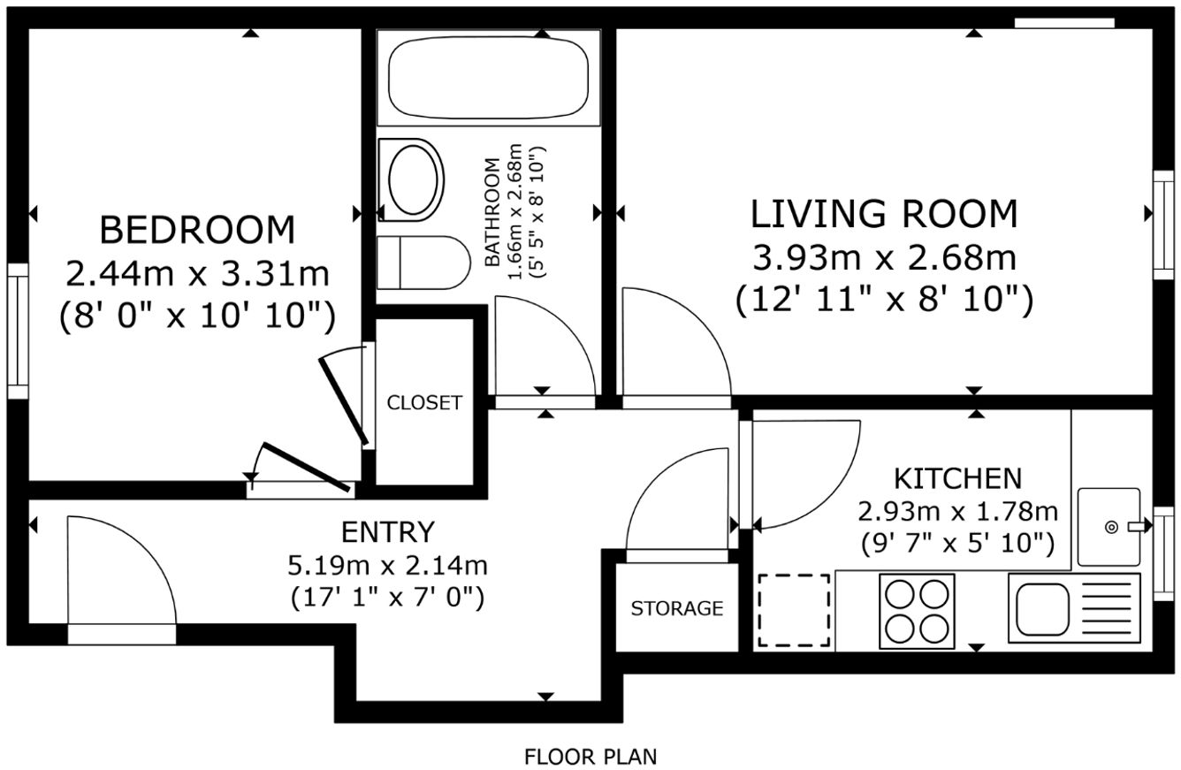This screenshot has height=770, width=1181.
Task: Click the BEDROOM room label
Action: pos(197,230)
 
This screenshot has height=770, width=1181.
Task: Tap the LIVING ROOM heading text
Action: pos(884,214)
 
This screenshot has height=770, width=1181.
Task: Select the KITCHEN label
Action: pos(958,479)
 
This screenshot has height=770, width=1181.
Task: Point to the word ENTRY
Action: pos(388,531)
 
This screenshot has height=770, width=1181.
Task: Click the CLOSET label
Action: pos(424,403)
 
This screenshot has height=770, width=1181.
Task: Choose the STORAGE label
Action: pos(677,608)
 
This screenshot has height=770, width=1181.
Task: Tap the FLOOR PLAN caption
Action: pos(590,758)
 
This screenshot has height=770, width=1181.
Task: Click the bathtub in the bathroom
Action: pos(488,77)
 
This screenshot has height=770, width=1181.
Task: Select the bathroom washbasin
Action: pos(412,179)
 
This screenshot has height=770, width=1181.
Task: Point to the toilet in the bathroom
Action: pos(423,263)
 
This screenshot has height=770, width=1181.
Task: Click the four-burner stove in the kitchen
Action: pos(917,611)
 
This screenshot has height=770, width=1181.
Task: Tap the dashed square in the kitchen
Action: pos(795,611)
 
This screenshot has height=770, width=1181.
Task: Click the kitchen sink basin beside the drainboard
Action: pos(1042,609)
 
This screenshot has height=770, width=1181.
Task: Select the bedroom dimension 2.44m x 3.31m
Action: pos(197,274)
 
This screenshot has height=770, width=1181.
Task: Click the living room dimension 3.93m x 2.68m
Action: pos(884,258)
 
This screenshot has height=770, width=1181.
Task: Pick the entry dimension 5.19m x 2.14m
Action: pos(387,566)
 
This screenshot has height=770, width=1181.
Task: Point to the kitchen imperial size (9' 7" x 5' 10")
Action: pos(958,544)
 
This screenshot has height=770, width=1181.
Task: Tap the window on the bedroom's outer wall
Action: pos(18,332)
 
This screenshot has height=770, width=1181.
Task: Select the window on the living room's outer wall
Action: pos(1163,225)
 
